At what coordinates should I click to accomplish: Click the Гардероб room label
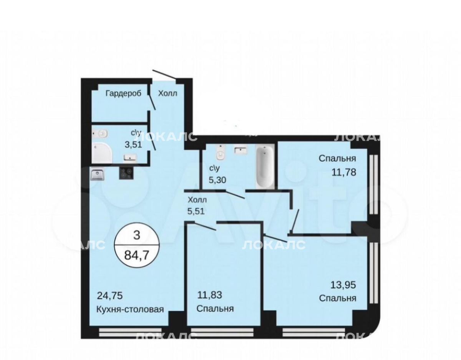[x=123, y=93]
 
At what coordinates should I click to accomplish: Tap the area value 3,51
[x=133, y=145]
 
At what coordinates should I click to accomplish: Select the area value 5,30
[x=217, y=180]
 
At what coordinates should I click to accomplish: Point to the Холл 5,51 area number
[x=196, y=211]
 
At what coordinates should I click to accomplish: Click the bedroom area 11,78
[x=344, y=172]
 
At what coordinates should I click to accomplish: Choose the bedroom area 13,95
[x=343, y=285]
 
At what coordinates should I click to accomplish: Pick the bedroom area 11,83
[x=210, y=295]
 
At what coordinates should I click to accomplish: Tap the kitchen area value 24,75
[x=110, y=295]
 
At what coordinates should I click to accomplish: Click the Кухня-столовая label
[x=130, y=309]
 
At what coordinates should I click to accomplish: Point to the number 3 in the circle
[x=137, y=235]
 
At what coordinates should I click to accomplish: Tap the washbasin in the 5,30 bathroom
[x=240, y=150]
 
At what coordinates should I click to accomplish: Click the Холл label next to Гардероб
[x=167, y=93]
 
